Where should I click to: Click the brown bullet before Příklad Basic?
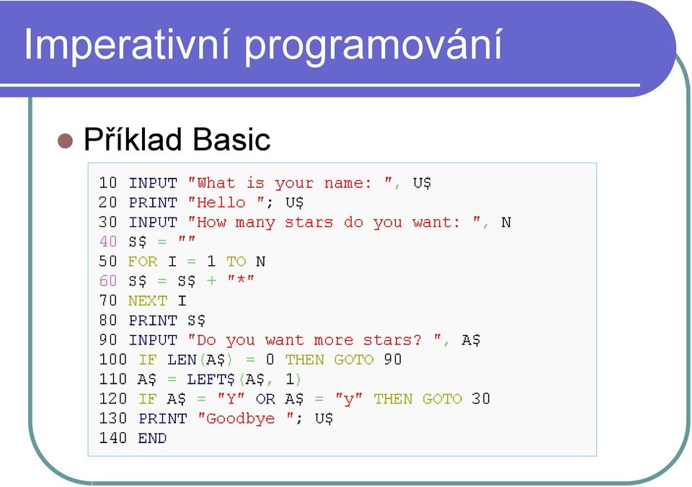click(66, 140)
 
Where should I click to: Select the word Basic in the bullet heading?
click(231, 139)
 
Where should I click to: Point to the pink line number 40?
click(108, 242)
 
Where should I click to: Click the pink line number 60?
click(108, 281)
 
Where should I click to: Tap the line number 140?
click(113, 438)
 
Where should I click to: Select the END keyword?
click(152, 438)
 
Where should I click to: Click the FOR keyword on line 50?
click(143, 262)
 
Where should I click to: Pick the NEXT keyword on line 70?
click(147, 301)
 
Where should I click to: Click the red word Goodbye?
click(241, 419)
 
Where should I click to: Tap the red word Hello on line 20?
click(221, 202)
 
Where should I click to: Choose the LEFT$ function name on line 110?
click(211, 380)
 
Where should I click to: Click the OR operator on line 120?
click(265, 399)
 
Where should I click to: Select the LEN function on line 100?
click(182, 359)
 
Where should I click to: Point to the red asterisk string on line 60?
click(241, 280)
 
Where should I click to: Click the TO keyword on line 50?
click(236, 262)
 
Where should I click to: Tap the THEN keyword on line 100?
click(304, 359)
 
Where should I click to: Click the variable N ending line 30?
click(506, 223)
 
